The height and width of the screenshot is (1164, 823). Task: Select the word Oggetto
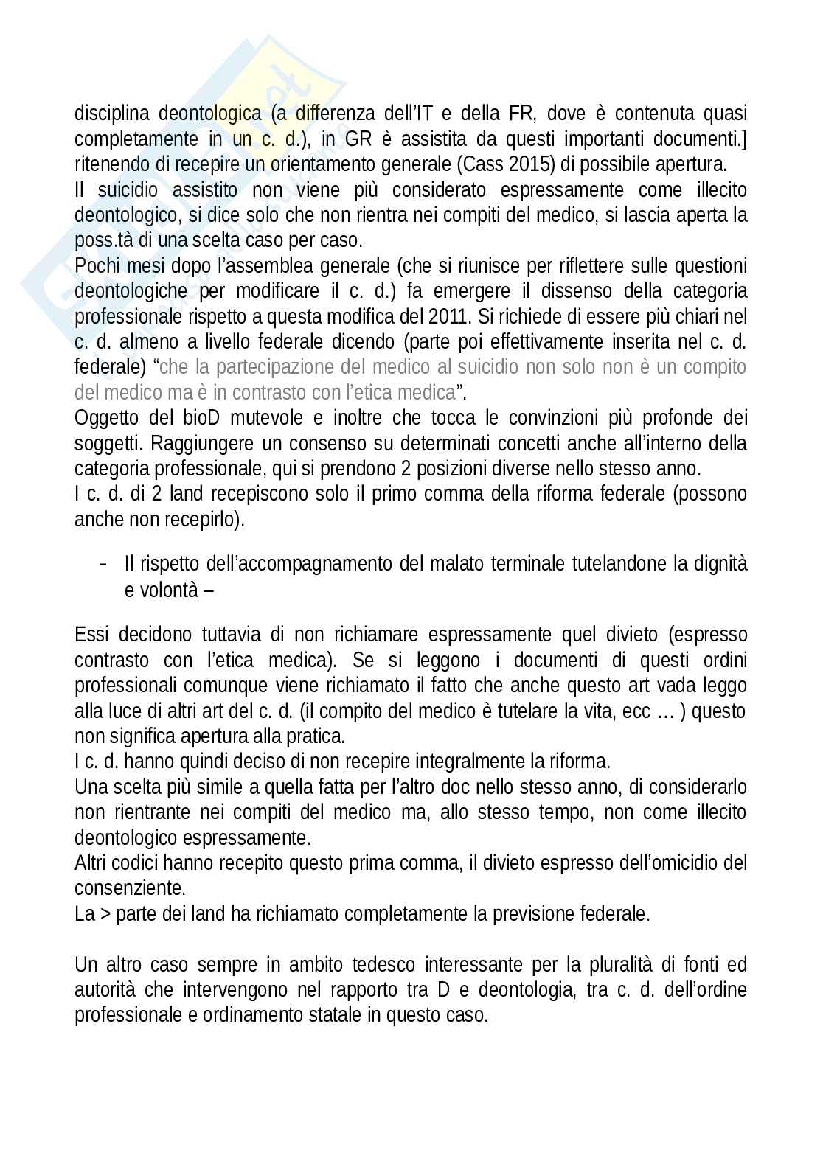click(103, 418)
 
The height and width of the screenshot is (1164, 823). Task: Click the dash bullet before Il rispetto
click(103, 564)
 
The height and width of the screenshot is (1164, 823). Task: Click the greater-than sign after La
click(105, 914)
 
